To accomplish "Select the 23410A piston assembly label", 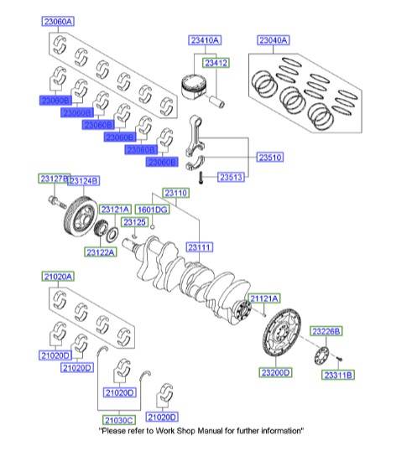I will point(204,39).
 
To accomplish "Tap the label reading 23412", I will point(215,62).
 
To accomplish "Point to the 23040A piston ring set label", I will point(273,39).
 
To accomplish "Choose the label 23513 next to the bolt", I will point(232,178).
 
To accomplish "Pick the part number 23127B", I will point(52,179).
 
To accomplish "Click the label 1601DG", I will point(152,209).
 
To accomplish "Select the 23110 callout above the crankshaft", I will point(176,194).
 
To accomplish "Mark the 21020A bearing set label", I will point(57,276).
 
